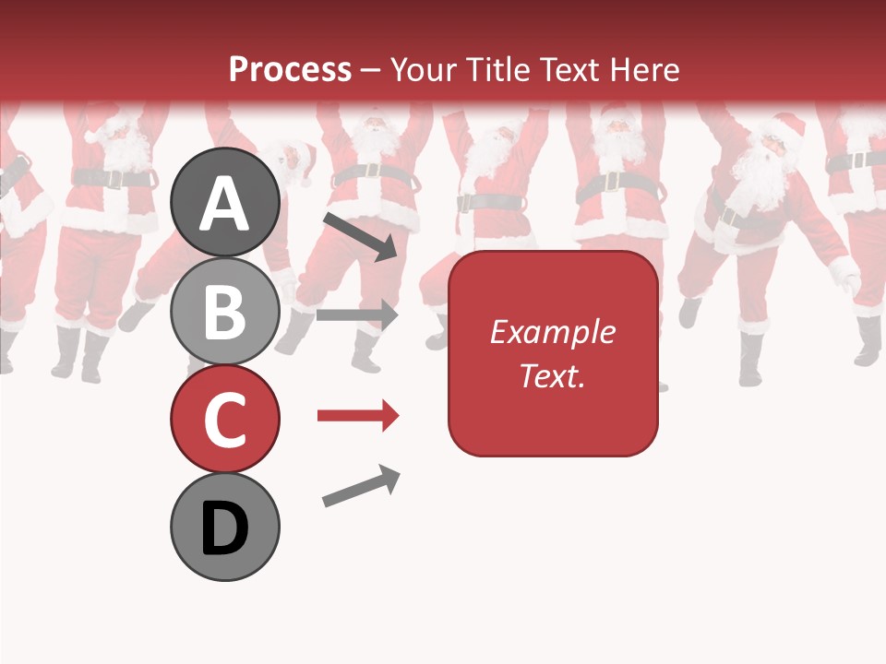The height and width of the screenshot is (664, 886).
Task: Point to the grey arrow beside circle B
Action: pyautogui.click(x=357, y=314)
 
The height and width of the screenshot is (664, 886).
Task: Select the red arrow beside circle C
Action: pyautogui.click(x=357, y=416)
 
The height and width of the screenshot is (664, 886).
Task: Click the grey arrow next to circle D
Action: pyautogui.click(x=361, y=486)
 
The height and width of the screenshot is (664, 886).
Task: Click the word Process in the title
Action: pyautogui.click(x=290, y=70)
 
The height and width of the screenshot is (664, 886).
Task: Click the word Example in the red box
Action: pyautogui.click(x=552, y=332)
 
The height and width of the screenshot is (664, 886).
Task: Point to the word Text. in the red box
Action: pyautogui.click(x=552, y=375)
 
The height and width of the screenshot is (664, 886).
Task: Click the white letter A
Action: pyautogui.click(x=224, y=205)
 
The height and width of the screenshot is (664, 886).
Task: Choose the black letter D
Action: pyautogui.click(x=224, y=529)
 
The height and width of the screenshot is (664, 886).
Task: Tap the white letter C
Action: pyautogui.click(x=224, y=421)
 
